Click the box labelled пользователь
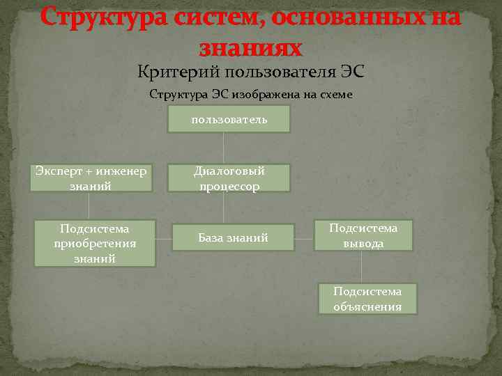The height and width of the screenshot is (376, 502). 229,120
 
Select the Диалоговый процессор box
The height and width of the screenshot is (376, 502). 229,178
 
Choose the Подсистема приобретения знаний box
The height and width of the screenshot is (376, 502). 95,243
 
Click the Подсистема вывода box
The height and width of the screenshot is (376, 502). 363,235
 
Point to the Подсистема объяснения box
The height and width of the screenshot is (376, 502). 367,299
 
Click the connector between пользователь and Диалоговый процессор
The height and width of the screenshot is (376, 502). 223,148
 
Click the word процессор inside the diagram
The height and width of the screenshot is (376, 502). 229,186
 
